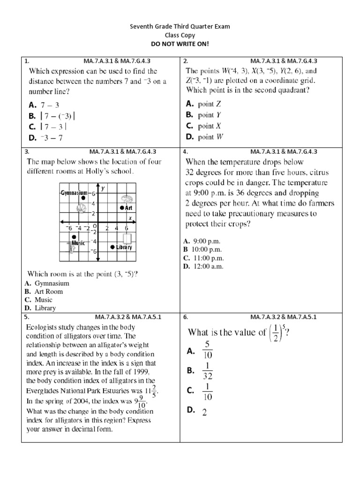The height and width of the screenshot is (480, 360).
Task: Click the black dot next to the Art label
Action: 122,207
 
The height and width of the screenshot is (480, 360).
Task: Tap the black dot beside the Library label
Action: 112,247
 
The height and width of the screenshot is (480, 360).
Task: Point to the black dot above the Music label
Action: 74,237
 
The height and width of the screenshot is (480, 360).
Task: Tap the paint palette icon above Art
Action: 126,198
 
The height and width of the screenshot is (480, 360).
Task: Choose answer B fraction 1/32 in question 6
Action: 208,371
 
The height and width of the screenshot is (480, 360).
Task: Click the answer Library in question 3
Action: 45,308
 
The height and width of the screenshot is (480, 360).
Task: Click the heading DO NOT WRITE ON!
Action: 180,43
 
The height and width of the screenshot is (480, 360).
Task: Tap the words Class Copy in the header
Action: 180,35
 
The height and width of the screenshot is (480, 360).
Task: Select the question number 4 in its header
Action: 186,152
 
